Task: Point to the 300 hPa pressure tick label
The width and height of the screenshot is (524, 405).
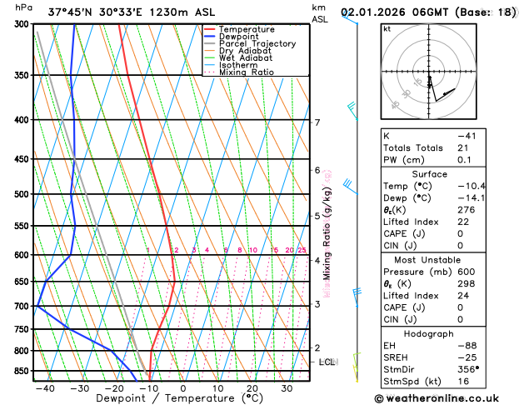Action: (20, 24)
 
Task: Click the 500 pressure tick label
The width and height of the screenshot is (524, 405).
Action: (20, 194)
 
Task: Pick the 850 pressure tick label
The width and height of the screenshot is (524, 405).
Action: (20, 371)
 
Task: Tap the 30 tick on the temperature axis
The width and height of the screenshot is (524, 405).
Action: (287, 388)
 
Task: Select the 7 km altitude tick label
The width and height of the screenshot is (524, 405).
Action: (317, 122)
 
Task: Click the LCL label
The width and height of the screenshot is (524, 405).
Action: (327, 362)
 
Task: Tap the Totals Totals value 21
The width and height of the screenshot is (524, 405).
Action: (463, 147)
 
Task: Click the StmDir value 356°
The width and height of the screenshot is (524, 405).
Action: (469, 369)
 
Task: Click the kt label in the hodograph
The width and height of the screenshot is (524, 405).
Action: (387, 29)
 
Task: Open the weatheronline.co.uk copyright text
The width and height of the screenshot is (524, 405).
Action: (447, 398)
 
